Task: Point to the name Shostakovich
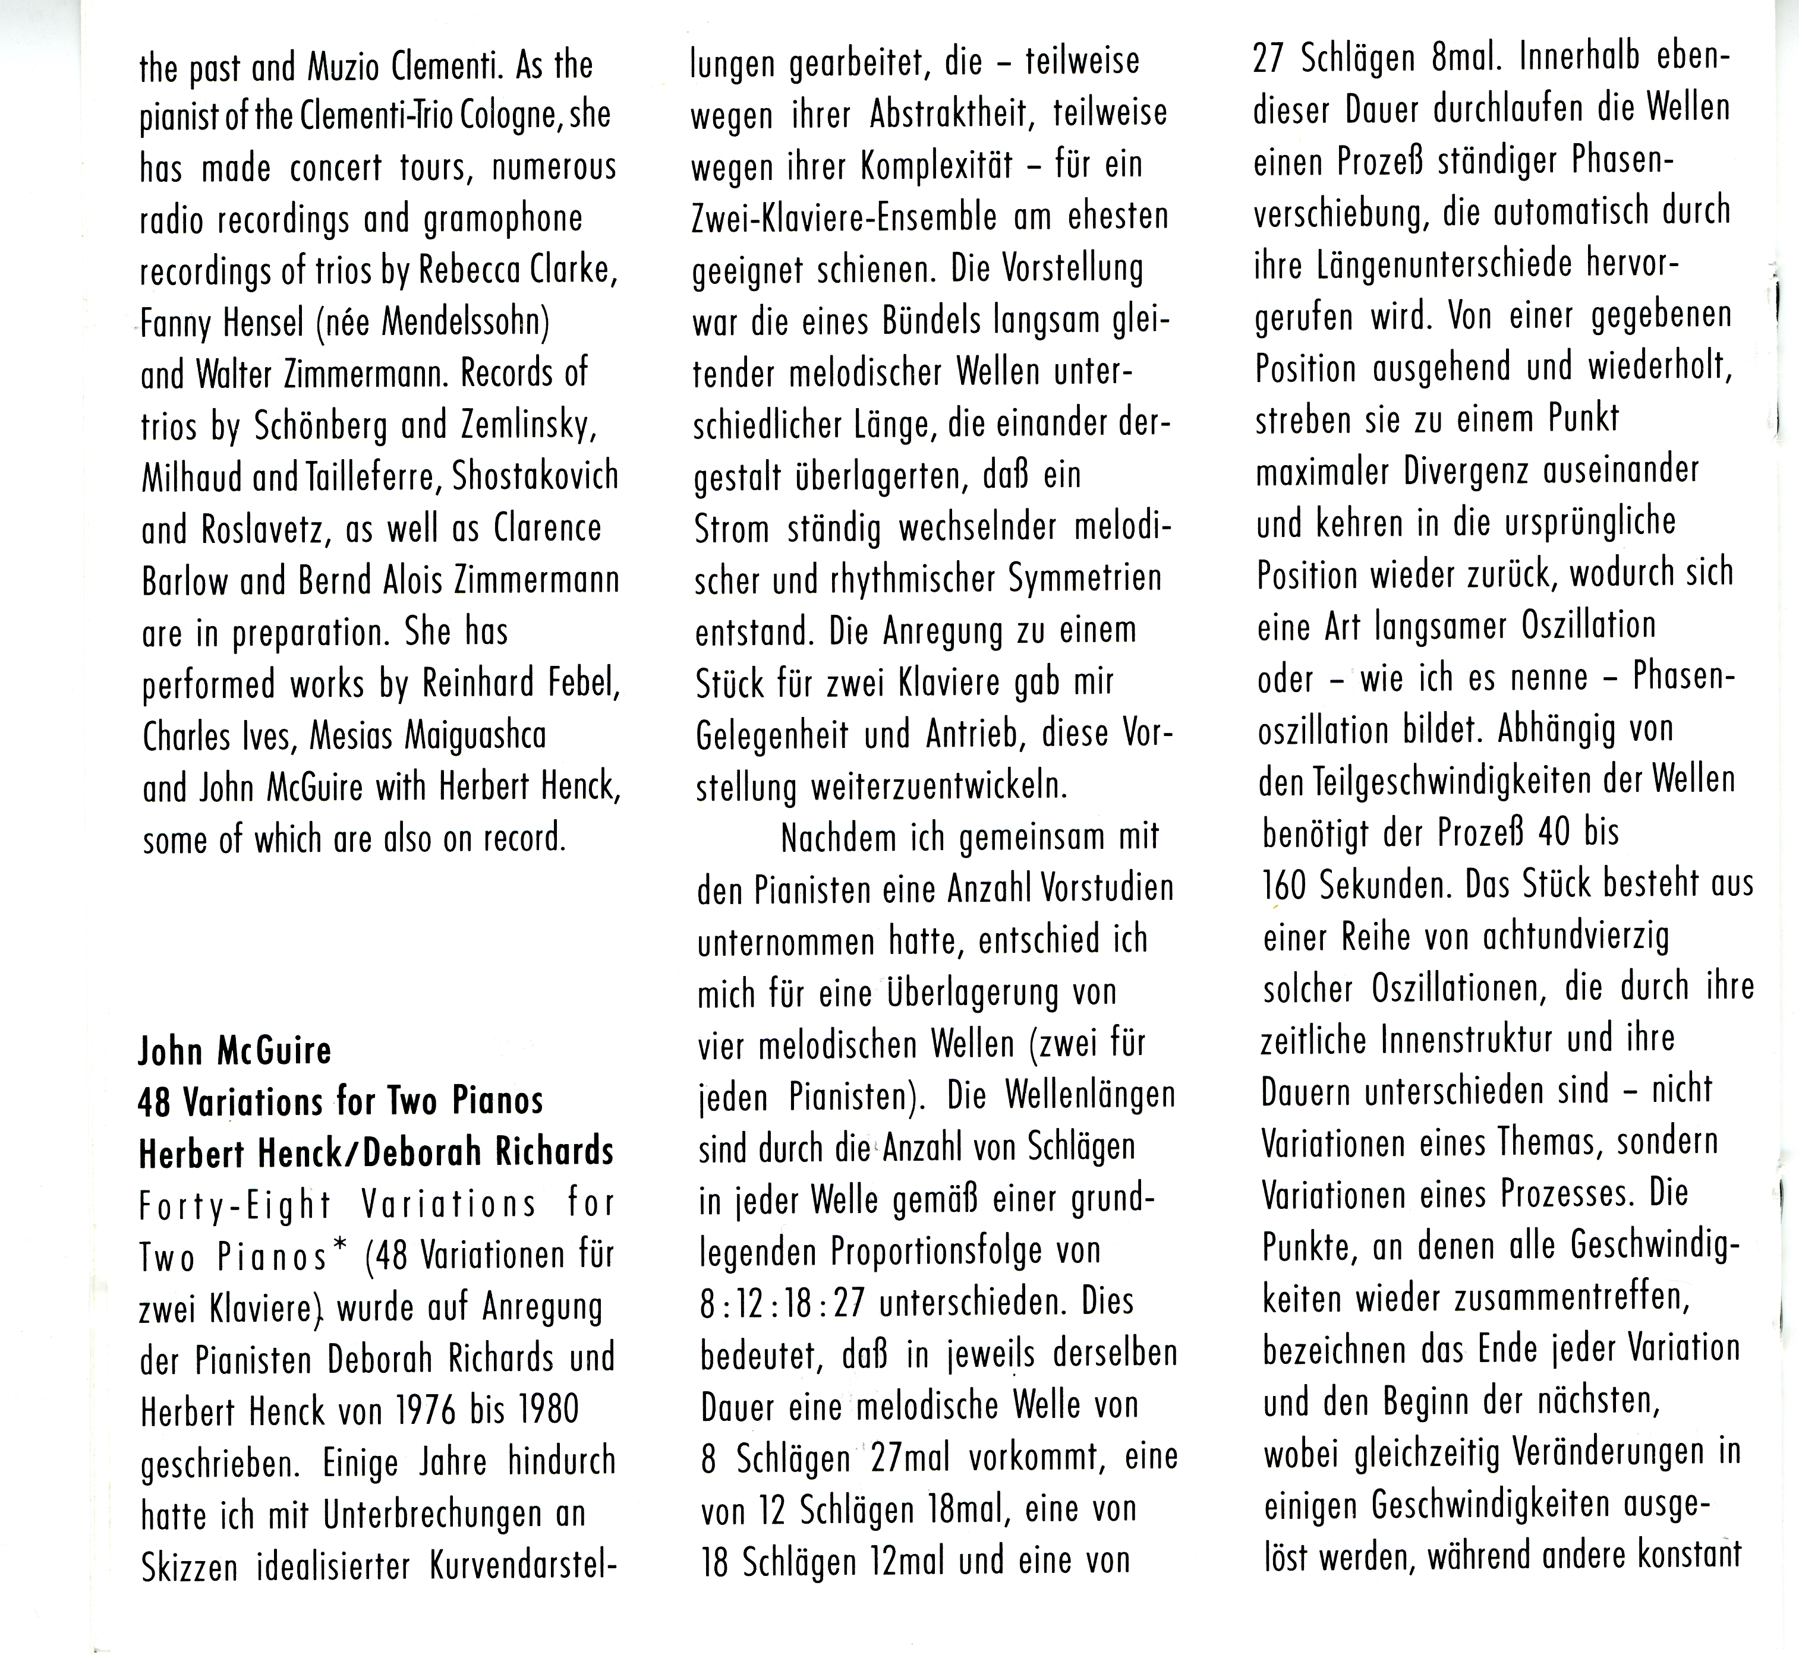tap(534, 476)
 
